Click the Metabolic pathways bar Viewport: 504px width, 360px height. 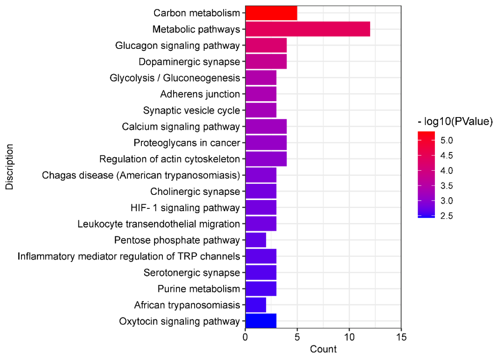tap(308, 29)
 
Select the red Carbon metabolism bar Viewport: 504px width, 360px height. tap(271, 13)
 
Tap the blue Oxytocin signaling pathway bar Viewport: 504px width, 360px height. tap(261, 321)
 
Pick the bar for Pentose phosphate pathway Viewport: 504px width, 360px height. tap(256, 240)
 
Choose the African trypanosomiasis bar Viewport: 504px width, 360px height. tap(256, 305)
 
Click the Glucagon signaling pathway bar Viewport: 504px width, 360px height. tap(266, 46)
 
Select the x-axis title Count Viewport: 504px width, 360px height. tap(323, 349)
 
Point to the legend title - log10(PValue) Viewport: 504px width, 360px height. tap(455, 122)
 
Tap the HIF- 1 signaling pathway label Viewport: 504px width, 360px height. tap(185, 208)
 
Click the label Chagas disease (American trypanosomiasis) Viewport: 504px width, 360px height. tap(141, 175)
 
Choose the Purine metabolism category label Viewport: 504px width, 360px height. tap(199, 289)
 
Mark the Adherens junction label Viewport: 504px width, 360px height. tap(200, 94)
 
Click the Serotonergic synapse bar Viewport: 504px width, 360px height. tap(261, 272)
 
